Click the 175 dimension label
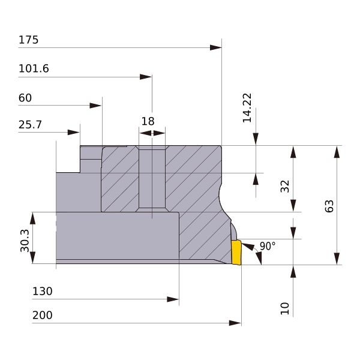click(x=28, y=40)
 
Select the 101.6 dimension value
click(x=34, y=68)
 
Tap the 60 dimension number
click(x=25, y=98)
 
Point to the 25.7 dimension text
click(x=30, y=125)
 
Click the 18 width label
click(x=148, y=121)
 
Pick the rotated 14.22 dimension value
click(x=247, y=108)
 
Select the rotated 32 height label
click(x=285, y=186)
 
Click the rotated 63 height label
click(x=329, y=206)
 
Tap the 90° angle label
click(x=268, y=246)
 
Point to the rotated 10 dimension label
click(x=285, y=308)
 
